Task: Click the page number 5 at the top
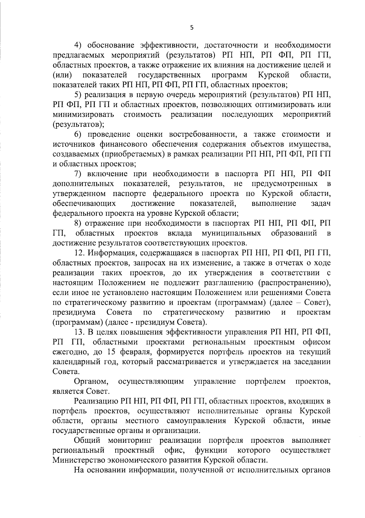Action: [x=191, y=28]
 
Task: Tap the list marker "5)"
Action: [x=79, y=95]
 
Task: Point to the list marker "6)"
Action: [x=79, y=134]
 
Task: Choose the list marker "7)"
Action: [x=79, y=174]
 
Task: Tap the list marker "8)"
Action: [x=79, y=223]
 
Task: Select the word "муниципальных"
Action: [x=231, y=233]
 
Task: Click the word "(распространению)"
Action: [x=294, y=283]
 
